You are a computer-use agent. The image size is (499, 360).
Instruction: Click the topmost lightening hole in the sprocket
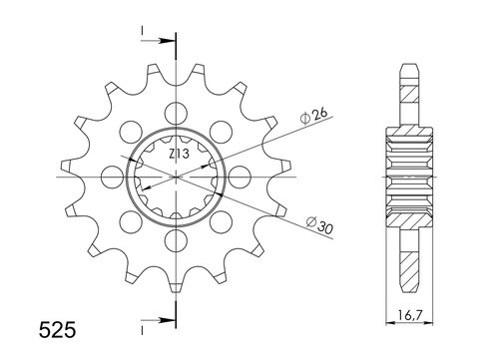(x=178, y=110)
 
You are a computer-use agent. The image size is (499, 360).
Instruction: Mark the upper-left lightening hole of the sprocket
(x=129, y=130)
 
